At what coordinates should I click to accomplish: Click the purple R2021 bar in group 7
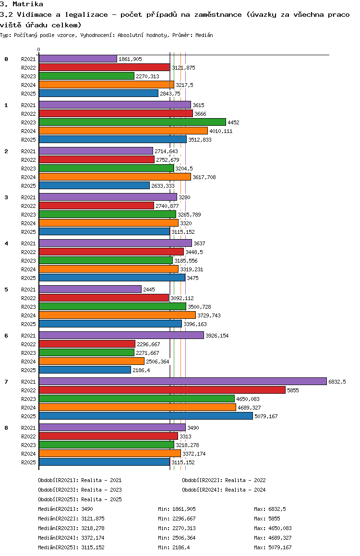point(183,381)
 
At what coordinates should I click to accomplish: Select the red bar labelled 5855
point(162,390)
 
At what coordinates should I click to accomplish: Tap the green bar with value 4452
point(132,122)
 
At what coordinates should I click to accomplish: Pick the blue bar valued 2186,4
point(85,370)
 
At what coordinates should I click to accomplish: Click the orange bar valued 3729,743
point(117,315)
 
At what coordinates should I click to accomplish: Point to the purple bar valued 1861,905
point(78,59)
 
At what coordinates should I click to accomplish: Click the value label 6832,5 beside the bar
point(337,382)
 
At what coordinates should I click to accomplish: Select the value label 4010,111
point(221,131)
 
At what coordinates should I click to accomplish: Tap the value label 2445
point(149,290)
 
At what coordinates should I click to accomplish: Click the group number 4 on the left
point(6,243)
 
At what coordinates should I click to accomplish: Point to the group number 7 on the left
point(6,382)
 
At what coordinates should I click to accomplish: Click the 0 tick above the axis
point(38,49)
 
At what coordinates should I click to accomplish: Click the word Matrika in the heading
point(28,4)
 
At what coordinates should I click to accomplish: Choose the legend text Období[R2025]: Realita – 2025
point(80,499)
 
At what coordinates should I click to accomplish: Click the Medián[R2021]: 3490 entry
point(66,509)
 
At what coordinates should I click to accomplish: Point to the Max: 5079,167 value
point(273,547)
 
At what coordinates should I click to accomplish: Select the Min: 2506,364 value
point(177,538)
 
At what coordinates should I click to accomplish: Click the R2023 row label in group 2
point(28,169)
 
